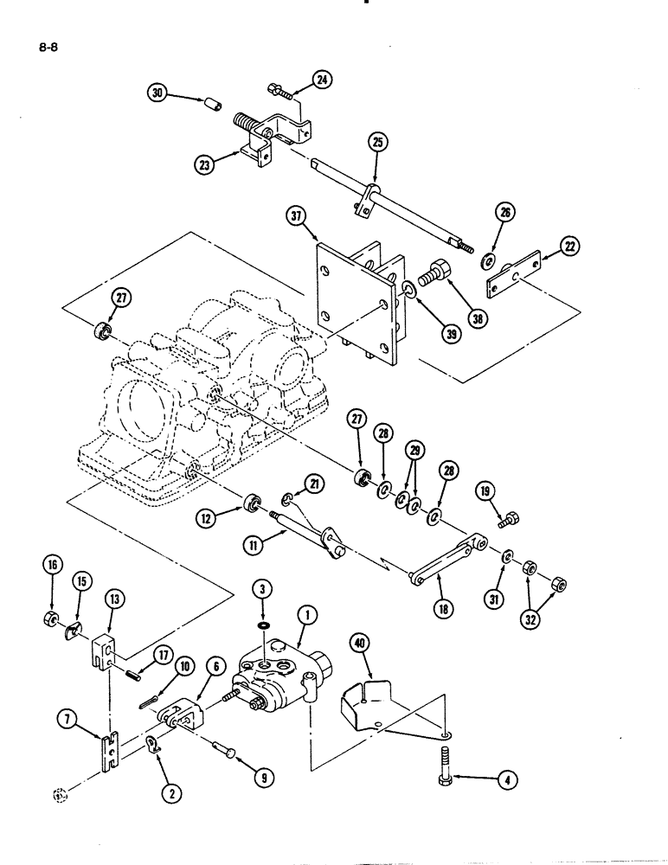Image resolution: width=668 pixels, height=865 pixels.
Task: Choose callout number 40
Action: (x=358, y=643)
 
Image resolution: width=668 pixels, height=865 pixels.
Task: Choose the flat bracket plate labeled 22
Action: (x=515, y=274)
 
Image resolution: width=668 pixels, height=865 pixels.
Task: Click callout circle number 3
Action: (x=263, y=591)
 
